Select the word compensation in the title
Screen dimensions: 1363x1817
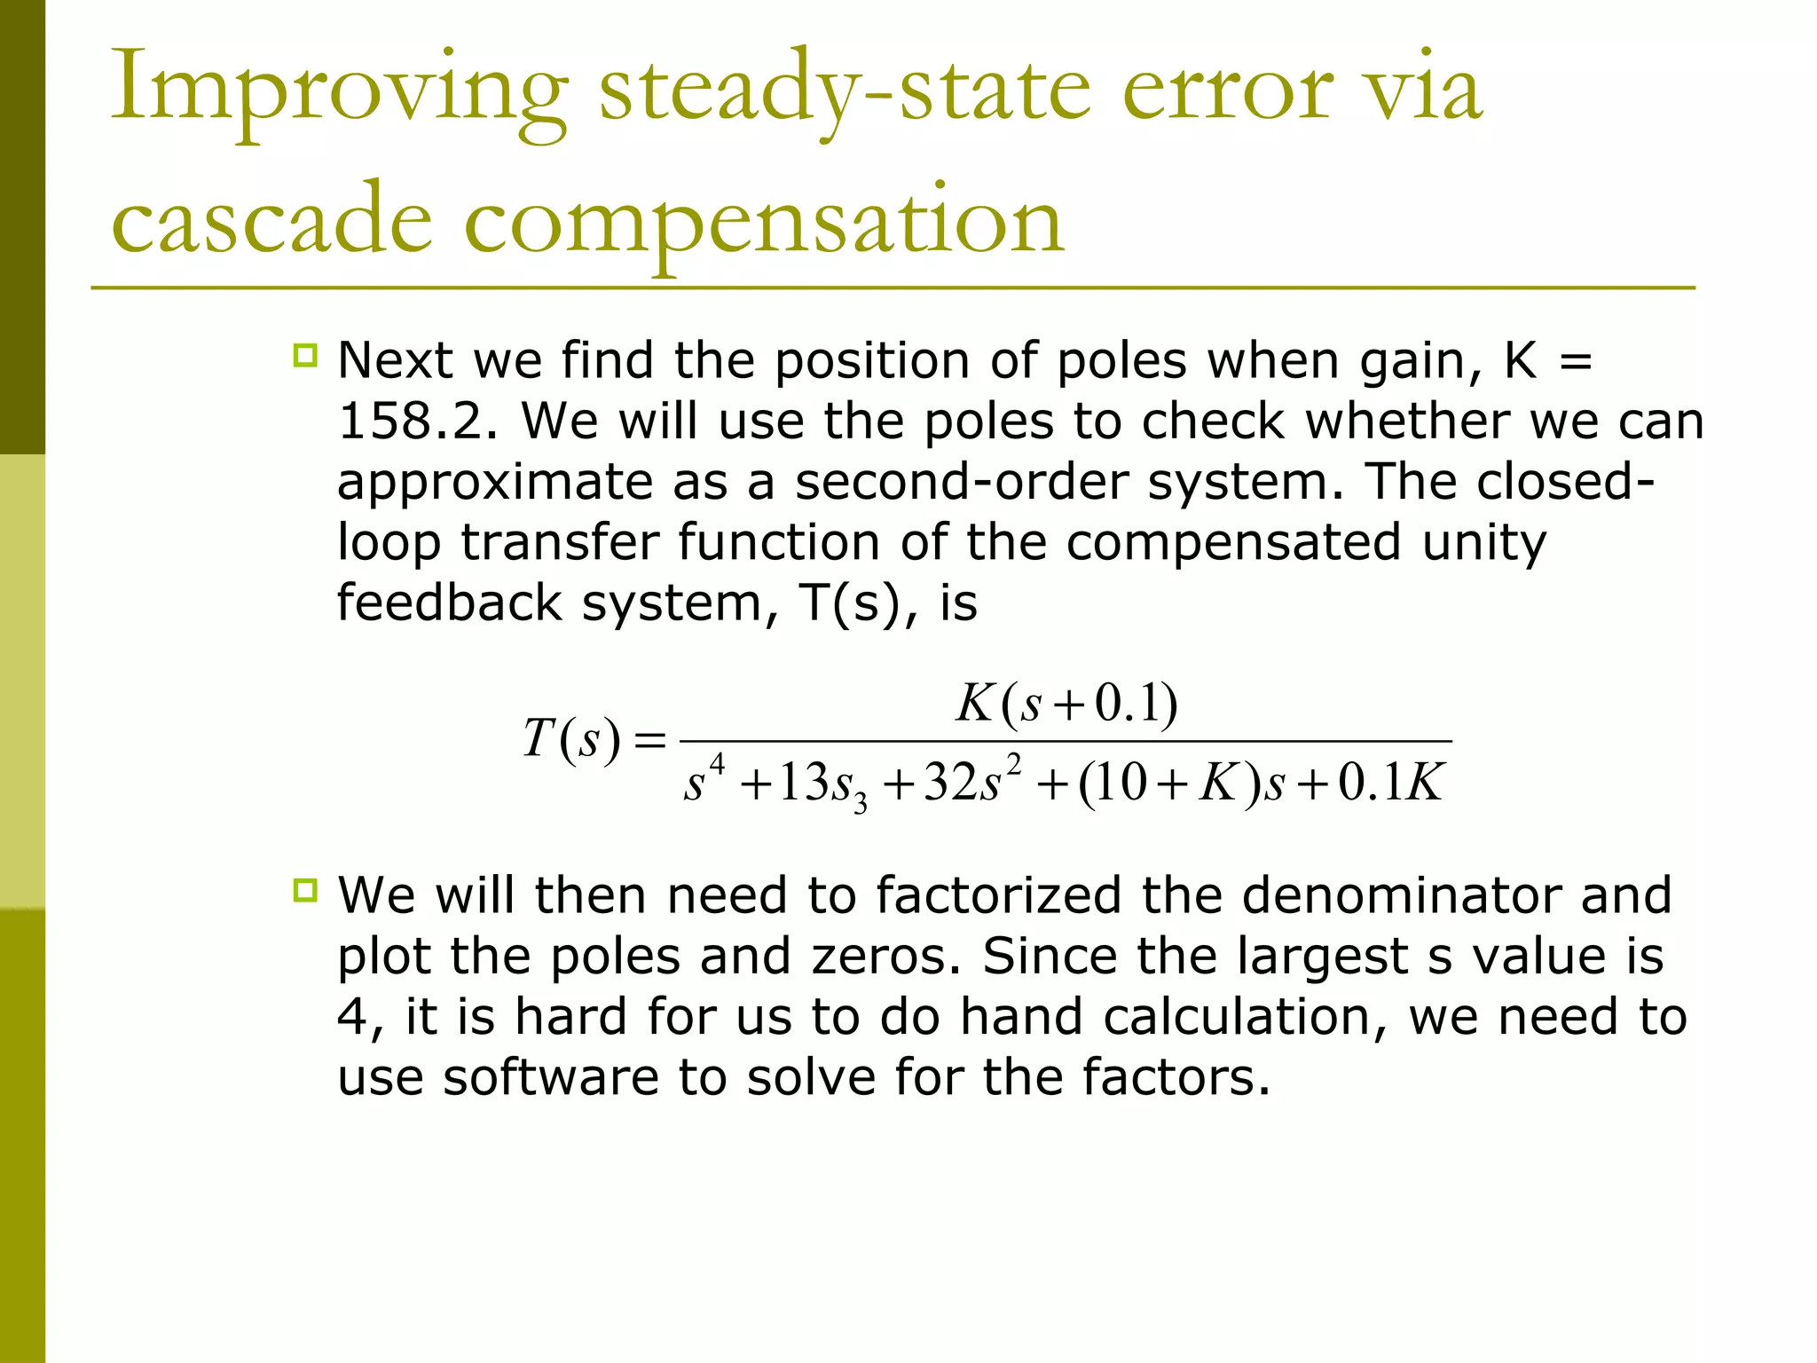click(x=763, y=222)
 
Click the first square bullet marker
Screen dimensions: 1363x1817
click(x=305, y=357)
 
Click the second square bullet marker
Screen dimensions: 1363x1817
click(x=305, y=890)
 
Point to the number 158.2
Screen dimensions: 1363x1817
click(x=417, y=422)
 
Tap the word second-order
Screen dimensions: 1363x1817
click(x=963, y=482)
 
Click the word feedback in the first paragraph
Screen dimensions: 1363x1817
click(x=449, y=603)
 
